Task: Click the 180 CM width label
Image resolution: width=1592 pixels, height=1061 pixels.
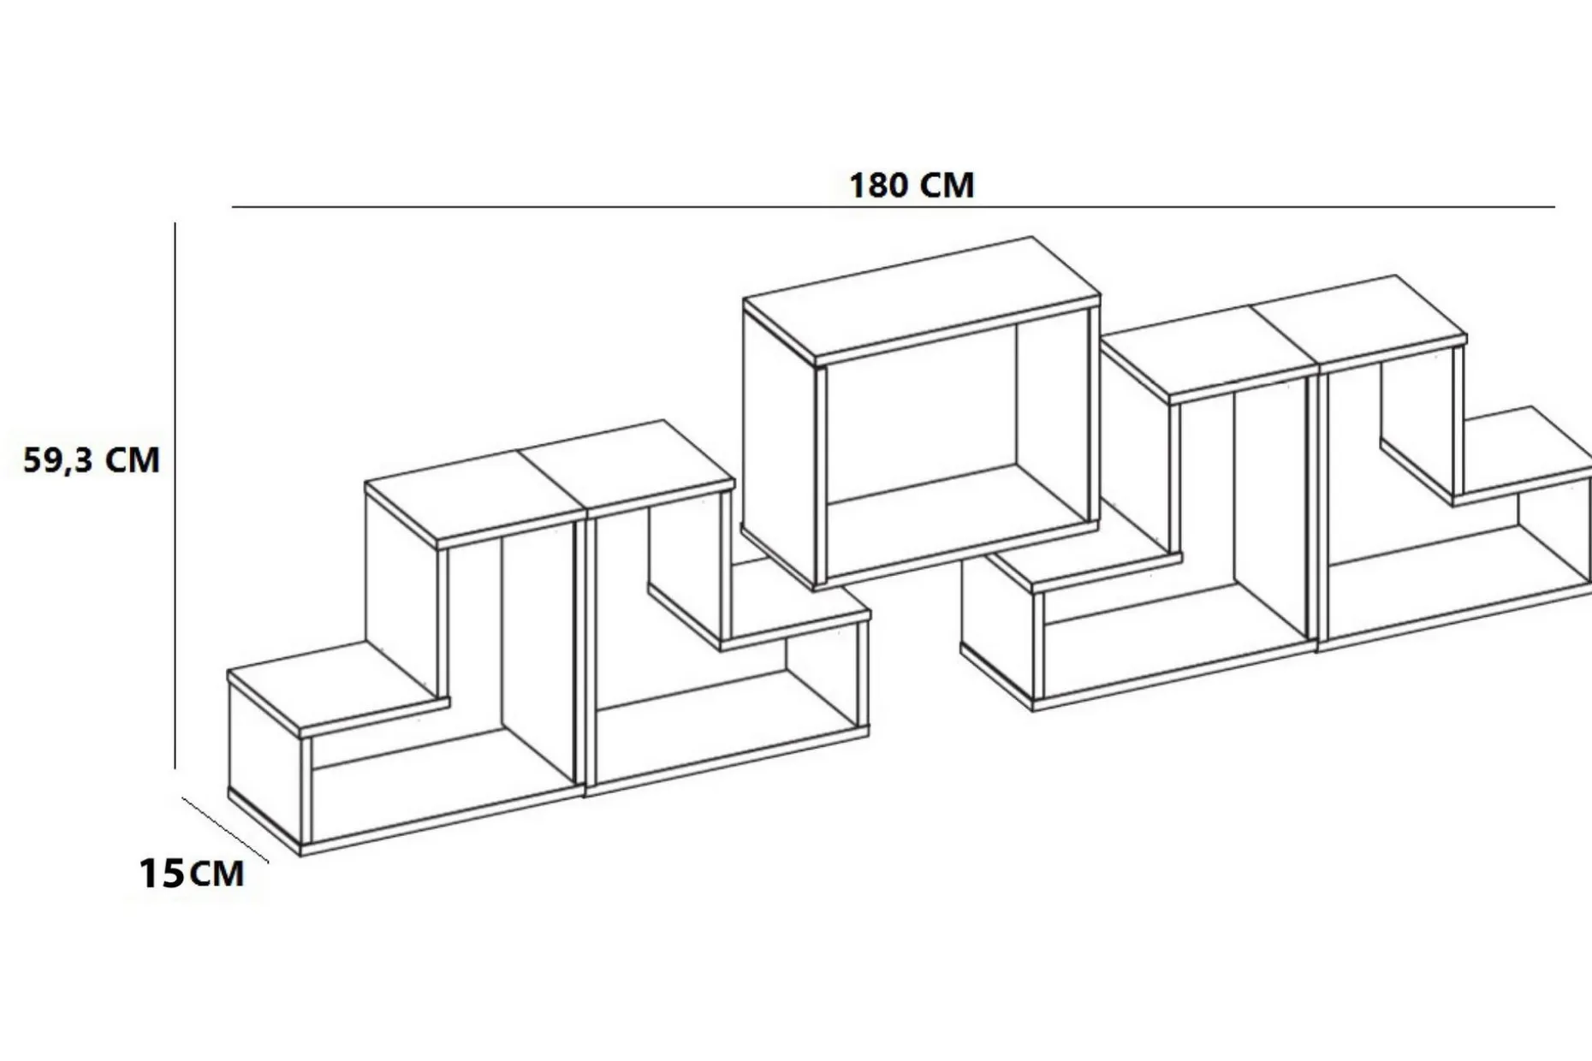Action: point(912,185)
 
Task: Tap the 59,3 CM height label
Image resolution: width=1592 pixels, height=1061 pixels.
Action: point(92,460)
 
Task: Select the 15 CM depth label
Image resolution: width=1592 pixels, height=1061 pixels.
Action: point(192,874)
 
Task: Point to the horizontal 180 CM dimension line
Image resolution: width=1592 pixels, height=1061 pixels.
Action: point(894,207)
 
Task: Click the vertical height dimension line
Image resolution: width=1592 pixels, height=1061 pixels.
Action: point(175,495)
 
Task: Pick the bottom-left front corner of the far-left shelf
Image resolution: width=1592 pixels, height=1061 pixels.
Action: point(301,854)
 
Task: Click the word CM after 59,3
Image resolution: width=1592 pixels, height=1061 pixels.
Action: point(133,461)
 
